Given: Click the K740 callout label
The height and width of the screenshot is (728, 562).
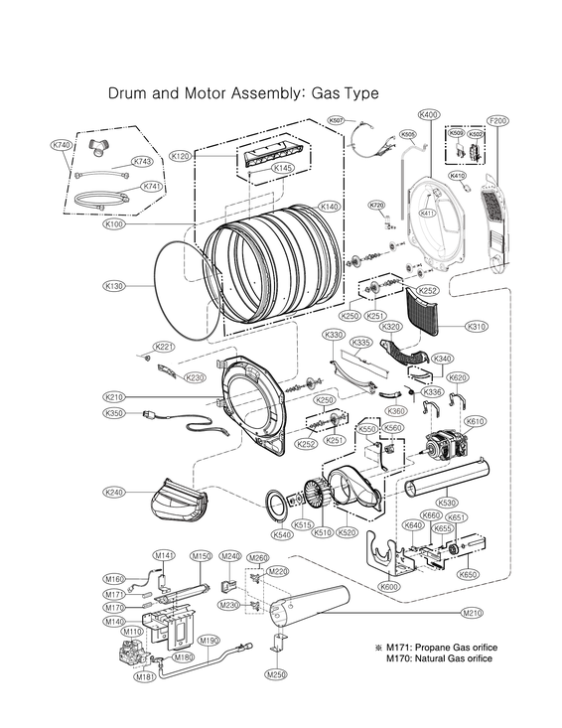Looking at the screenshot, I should (62, 145).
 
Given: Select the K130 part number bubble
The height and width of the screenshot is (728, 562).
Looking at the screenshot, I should (114, 286).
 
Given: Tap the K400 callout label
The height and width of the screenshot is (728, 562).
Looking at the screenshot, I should (429, 115).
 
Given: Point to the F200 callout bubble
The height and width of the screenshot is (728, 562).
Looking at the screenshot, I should (497, 120).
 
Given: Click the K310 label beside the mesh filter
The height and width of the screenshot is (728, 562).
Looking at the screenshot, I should (477, 326).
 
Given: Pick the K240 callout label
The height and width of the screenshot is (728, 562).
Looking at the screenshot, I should (114, 492).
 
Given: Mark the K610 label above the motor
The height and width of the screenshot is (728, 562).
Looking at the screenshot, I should (476, 420).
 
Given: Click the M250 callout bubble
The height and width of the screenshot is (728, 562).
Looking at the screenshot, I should (276, 674).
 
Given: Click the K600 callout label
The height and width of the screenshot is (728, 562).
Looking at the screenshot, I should (390, 588).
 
